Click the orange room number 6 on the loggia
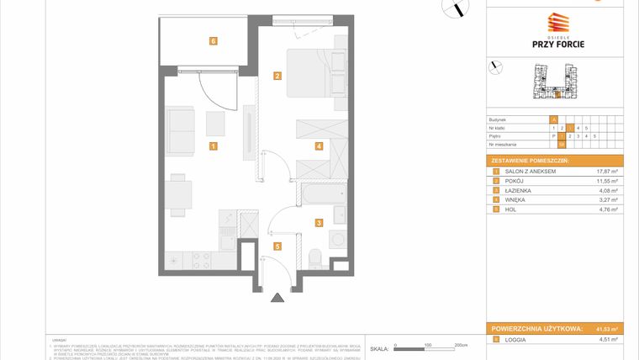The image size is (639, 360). pyautogui.click(x=214, y=40)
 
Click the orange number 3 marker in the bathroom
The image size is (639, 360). pyautogui.click(x=319, y=223)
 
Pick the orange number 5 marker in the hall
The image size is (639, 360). pyautogui.click(x=277, y=246)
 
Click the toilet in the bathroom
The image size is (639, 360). pyautogui.click(x=315, y=256)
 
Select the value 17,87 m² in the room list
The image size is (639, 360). pyautogui.click(x=607, y=171)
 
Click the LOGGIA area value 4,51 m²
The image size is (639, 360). pyautogui.click(x=607, y=339)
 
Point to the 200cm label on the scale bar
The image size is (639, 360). pyautogui.click(x=460, y=345)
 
